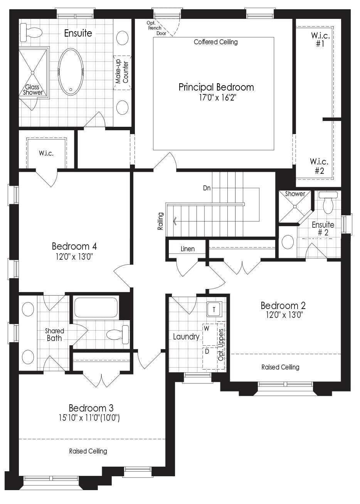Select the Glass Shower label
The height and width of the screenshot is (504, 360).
coord(33,89)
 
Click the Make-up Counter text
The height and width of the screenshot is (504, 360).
coord(122,71)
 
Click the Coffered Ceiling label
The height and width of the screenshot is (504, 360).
coord(215,42)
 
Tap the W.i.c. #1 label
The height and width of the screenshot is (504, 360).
coord(320,39)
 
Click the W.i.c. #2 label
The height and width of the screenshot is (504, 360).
coord(319,166)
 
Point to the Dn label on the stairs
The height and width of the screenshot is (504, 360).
coord(207,188)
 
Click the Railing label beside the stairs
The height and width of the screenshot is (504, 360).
coord(160,221)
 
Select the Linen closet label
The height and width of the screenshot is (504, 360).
coord(187,249)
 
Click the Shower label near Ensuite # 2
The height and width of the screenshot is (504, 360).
coord(295,194)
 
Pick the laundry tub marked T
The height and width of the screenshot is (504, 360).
coord(214,309)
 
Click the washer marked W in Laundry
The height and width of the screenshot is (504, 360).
coord(210,334)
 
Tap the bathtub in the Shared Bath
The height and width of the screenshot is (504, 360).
coord(96,307)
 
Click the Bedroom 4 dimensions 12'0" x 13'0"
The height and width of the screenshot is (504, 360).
coord(74,257)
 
